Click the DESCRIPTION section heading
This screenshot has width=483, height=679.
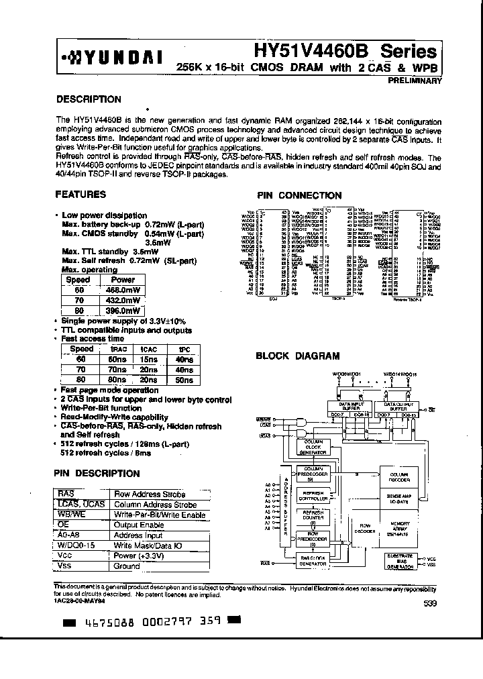tap(89, 99)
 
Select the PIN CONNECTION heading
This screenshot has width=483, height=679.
tap(300, 195)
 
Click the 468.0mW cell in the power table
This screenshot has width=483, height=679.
tap(123, 290)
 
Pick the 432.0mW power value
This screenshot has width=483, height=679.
tap(123, 301)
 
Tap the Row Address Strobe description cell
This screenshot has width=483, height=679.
tap(155, 494)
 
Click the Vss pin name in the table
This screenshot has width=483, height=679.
tap(66, 566)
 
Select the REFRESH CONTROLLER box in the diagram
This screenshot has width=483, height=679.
tap(313, 495)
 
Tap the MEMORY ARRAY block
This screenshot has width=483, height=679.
tap(398, 525)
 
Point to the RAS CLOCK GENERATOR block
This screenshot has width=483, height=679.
tap(313, 561)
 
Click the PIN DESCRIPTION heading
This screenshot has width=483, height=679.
tap(97, 473)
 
